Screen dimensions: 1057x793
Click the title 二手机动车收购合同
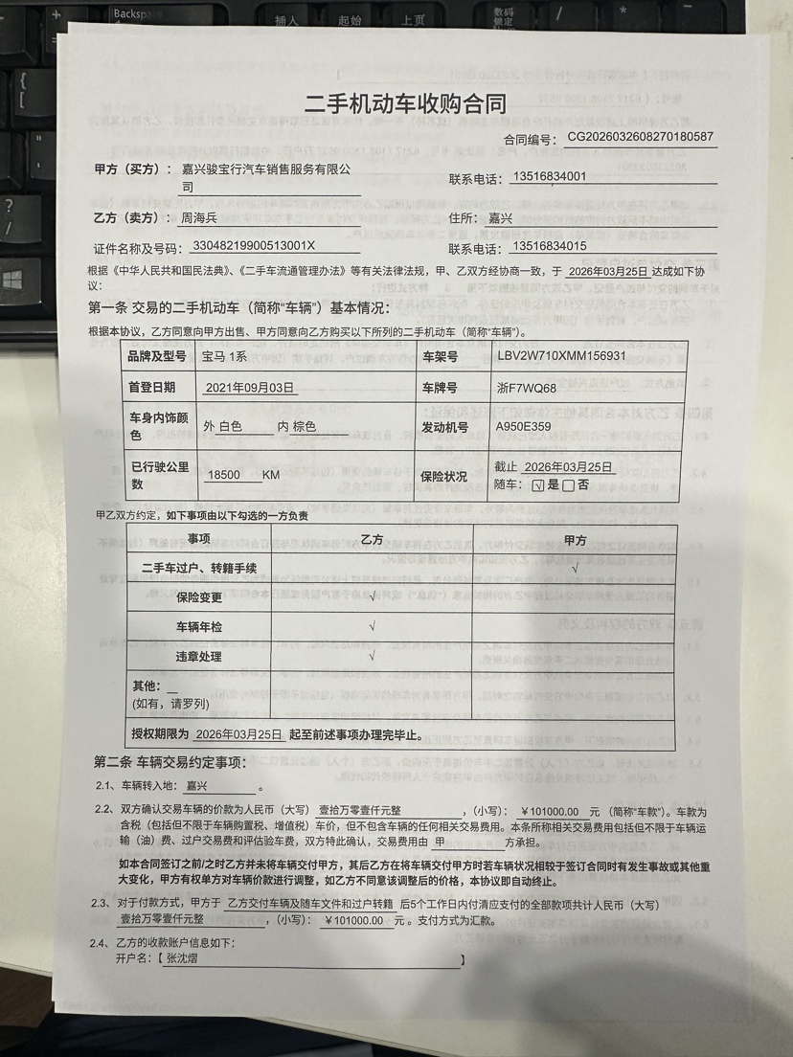click(x=404, y=103)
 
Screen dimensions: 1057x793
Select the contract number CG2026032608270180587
click(x=640, y=137)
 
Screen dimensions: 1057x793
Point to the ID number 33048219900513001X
click(x=257, y=247)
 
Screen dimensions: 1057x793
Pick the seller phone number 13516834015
click(x=535, y=247)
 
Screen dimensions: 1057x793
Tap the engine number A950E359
click(x=524, y=427)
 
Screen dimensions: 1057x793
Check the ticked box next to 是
click(x=538, y=484)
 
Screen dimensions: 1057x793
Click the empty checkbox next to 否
click(x=569, y=484)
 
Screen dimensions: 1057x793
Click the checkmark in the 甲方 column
click(x=574, y=568)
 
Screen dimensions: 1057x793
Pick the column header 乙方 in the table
click(x=371, y=540)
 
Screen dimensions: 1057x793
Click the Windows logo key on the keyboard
click(x=13, y=280)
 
